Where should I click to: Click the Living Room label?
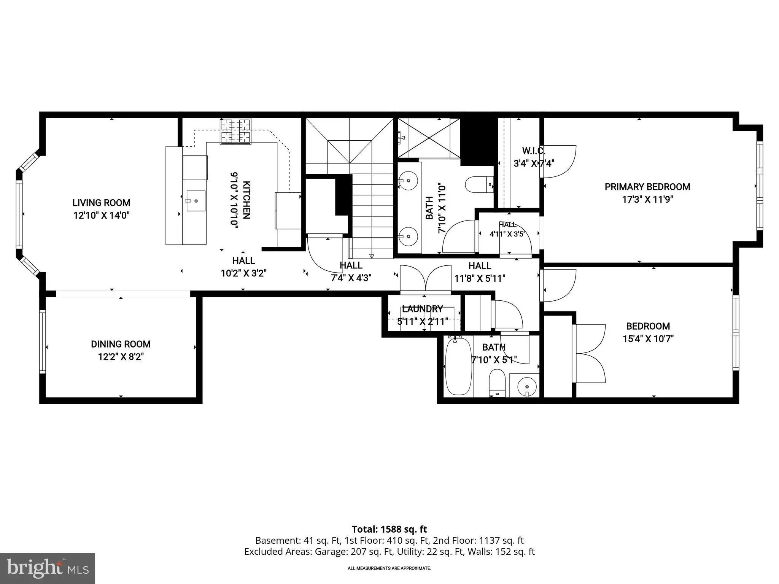[102, 203]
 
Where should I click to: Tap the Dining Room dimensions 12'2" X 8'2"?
[121, 357]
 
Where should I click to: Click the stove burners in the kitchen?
[236, 132]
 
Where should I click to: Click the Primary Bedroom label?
[647, 187]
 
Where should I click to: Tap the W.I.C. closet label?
[534, 151]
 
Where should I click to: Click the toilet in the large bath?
[480, 184]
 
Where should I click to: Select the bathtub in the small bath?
[459, 366]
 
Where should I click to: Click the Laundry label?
[422, 309]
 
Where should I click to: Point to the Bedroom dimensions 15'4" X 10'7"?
[648, 339]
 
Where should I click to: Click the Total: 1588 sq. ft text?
[389, 529]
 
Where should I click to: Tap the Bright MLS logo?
[47, 568]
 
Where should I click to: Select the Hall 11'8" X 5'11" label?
[480, 272]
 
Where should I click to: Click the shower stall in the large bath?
[429, 138]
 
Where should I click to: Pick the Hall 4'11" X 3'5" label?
[508, 229]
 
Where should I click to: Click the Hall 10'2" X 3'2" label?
[244, 267]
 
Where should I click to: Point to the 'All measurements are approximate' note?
[389, 568]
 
